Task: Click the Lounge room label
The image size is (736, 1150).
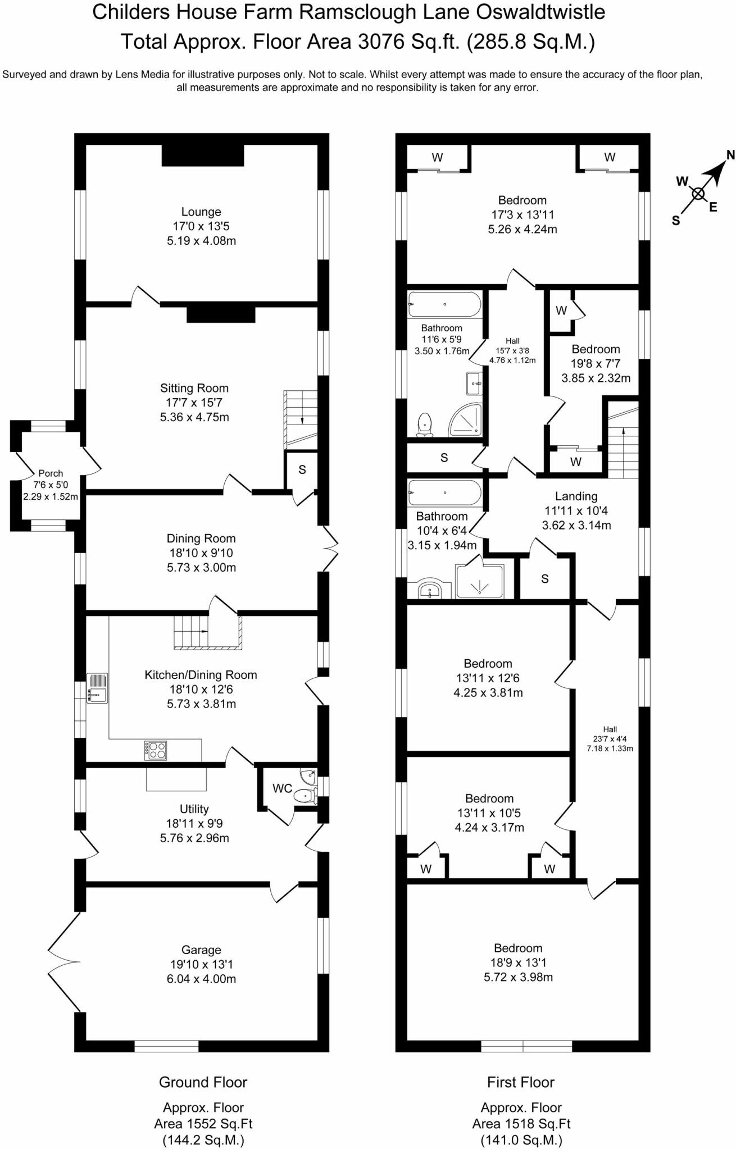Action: point(201,212)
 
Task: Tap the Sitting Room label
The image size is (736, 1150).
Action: point(194,388)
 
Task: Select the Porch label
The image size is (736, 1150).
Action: point(51,473)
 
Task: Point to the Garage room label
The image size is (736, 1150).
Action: point(201,950)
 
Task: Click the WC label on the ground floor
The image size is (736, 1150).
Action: point(283,788)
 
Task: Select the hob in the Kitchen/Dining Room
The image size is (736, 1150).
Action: point(156,750)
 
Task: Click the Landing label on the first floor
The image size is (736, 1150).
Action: point(576,496)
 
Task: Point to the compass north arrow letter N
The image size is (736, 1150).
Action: point(730,155)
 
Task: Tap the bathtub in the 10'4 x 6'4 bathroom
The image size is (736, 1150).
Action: point(444,492)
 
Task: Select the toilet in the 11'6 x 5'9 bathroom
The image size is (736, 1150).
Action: point(425,425)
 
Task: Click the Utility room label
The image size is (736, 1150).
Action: point(194,809)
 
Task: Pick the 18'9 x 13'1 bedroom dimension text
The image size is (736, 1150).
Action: point(519,962)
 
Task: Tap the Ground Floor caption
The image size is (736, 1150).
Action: point(203,1082)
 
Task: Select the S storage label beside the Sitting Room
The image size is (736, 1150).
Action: point(302,469)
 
